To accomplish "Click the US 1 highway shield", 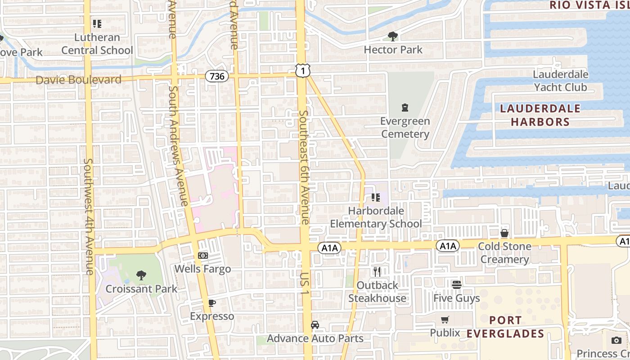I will pos(303,70).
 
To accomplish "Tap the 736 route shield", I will pos(217,76).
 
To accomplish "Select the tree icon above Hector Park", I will pos(393,36).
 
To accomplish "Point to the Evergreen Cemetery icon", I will pos(405,108).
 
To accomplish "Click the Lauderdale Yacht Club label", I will pos(560,81).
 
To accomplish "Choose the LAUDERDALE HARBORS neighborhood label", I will pos(540,115).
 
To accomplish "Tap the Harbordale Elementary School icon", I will pos(376,197).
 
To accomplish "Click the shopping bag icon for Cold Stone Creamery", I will pos(504,233).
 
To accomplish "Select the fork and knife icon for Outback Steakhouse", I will pos(377,271).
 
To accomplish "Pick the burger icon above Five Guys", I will pos(457,284).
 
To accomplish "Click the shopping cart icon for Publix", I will pos(445,319).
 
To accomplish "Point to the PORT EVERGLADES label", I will pos(505,327).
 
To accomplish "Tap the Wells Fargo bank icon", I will pos(202,256).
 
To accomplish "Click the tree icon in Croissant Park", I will pos(141,275).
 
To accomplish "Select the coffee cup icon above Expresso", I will pos(212,303).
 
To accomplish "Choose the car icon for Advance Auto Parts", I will pos(315,325).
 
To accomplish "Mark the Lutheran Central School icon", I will pos(97,23).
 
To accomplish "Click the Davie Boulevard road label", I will pos(78,80).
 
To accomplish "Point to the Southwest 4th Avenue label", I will pos(89,216).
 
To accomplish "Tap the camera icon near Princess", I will pos(616,340).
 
